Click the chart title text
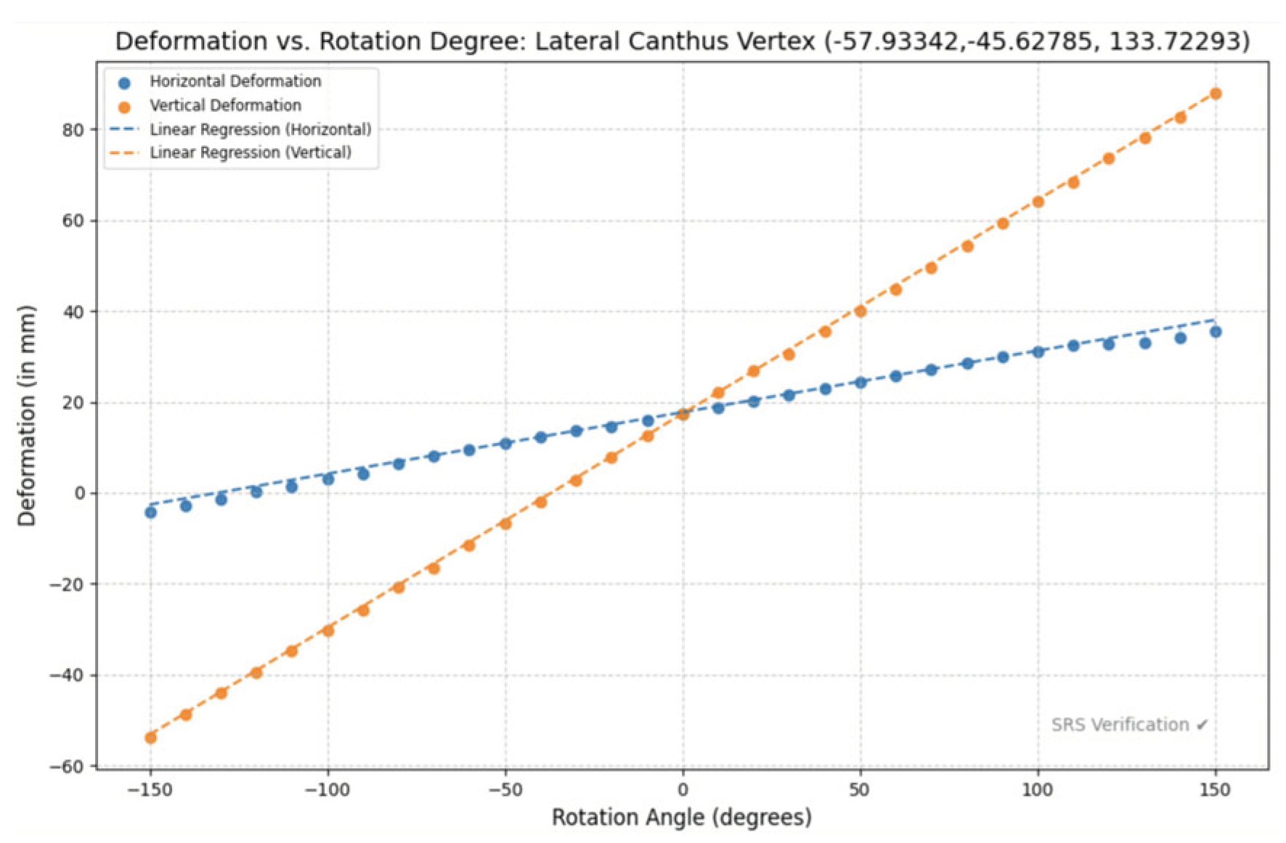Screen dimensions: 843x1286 click(x=682, y=41)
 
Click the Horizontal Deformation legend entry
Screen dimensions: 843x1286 click(x=235, y=81)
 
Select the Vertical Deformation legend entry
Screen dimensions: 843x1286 click(x=225, y=105)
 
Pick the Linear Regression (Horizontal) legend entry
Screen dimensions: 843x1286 click(x=260, y=129)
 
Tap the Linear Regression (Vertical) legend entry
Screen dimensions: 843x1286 click(x=250, y=152)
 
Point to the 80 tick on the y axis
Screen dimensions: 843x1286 click(x=73, y=131)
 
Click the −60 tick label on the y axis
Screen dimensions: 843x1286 click(x=66, y=767)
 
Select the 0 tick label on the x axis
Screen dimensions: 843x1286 click(x=682, y=790)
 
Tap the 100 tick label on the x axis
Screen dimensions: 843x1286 click(x=1037, y=790)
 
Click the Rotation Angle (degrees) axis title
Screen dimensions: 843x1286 click(x=681, y=818)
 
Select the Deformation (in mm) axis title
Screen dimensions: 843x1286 click(x=27, y=415)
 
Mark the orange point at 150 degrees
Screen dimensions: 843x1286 click(x=1215, y=94)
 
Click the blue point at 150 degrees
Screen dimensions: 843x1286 click(x=1215, y=332)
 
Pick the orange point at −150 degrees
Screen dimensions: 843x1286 click(x=150, y=738)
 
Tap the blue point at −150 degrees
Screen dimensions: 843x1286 click(x=150, y=513)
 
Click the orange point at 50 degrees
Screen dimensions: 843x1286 click(x=860, y=311)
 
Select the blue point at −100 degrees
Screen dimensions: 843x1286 click(x=327, y=479)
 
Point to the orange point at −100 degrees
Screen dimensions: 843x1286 click(x=327, y=630)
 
